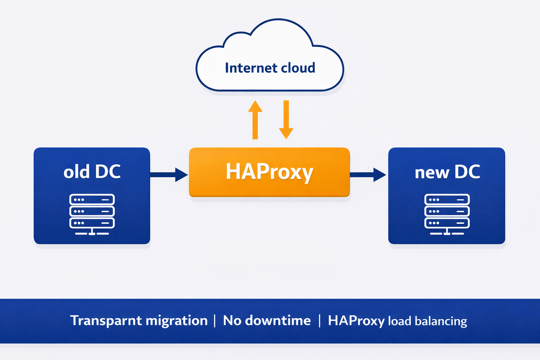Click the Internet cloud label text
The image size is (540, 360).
(270, 68)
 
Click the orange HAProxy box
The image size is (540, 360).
(269, 172)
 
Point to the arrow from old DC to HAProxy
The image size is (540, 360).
(169, 175)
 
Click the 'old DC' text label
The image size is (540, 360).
(92, 172)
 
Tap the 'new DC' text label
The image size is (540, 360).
(447, 172)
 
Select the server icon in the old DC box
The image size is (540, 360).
(92, 214)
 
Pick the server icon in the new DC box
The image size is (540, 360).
(447, 214)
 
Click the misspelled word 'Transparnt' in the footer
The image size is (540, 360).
(106, 321)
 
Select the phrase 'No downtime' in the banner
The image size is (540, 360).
(267, 321)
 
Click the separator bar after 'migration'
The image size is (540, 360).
(215, 321)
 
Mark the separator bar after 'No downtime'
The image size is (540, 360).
(320, 321)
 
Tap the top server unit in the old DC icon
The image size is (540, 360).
(92, 200)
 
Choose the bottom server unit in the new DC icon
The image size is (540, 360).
(447, 223)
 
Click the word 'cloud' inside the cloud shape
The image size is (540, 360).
(298, 68)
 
